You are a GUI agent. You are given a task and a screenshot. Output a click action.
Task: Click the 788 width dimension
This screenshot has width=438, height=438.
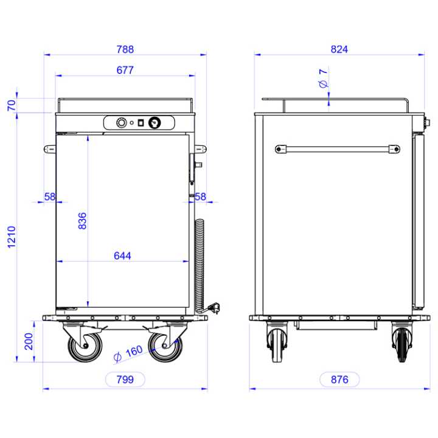pyautogui.click(x=125, y=49)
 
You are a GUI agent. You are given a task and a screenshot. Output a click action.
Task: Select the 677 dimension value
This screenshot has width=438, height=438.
pyautogui.click(x=125, y=70)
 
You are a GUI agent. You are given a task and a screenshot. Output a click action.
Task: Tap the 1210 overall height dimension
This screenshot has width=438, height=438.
pyautogui.click(x=12, y=237)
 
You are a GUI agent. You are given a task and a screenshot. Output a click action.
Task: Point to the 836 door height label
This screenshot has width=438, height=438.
pyautogui.click(x=82, y=221)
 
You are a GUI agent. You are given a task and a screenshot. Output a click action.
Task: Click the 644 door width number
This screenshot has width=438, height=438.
pyautogui.click(x=122, y=256)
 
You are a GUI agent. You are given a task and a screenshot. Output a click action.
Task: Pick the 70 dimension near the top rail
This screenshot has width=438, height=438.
pyautogui.click(x=12, y=105)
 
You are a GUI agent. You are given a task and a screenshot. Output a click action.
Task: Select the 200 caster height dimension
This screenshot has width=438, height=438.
pyautogui.click(x=29, y=341)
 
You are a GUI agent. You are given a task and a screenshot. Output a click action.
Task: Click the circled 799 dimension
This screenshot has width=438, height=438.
pyautogui.click(x=125, y=380)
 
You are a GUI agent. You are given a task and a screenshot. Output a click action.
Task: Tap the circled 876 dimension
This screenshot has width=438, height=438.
pyautogui.click(x=339, y=380)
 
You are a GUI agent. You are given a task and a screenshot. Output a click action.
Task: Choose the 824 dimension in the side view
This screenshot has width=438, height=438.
pyautogui.click(x=339, y=49)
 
